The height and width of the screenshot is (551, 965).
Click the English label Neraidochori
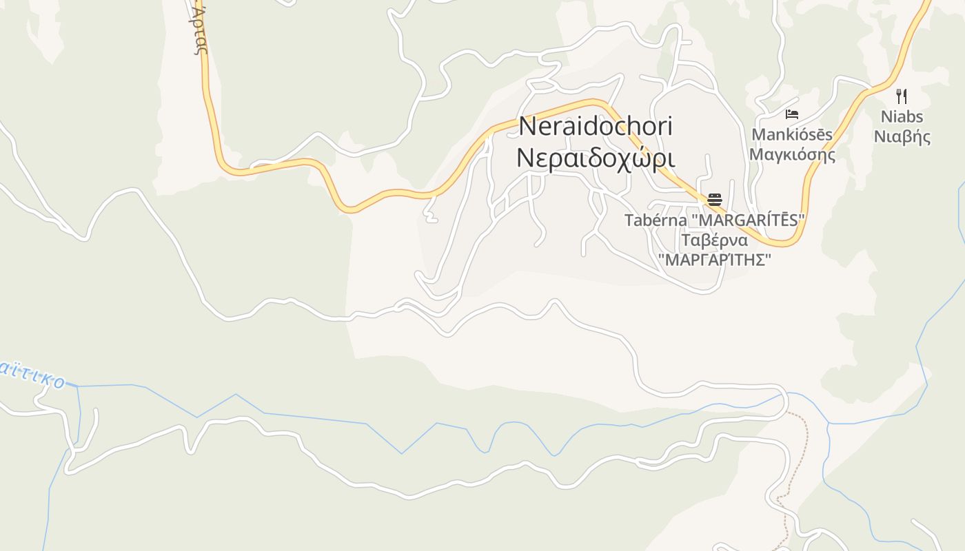pyautogui.click(x=596, y=127)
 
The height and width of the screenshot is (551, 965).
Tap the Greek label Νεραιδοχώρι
pyautogui.click(x=596, y=158)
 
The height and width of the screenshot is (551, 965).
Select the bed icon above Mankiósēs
pyautogui.click(x=792, y=114)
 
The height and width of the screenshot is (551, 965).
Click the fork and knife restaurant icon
pyautogui.click(x=901, y=96)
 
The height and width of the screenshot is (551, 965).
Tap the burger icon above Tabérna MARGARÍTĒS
pyautogui.click(x=715, y=200)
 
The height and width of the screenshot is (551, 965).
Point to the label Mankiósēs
pyautogui.click(x=792, y=134)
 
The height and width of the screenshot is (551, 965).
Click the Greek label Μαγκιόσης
pyautogui.click(x=792, y=154)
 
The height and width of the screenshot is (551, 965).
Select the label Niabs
pyautogui.click(x=902, y=116)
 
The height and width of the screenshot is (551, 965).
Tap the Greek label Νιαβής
pyautogui.click(x=902, y=136)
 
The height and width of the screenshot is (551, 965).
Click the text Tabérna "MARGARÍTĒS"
pyautogui.click(x=715, y=220)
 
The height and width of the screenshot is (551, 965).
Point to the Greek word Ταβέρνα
pyautogui.click(x=715, y=240)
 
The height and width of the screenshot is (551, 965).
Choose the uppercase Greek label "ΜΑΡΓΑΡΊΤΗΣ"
pyautogui.click(x=715, y=260)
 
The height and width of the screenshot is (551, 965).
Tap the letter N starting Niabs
pyautogui.click(x=886, y=116)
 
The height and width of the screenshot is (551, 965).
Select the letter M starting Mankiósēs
pyautogui.click(x=758, y=134)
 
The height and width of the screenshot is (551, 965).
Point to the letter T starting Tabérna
pyautogui.click(x=629, y=220)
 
